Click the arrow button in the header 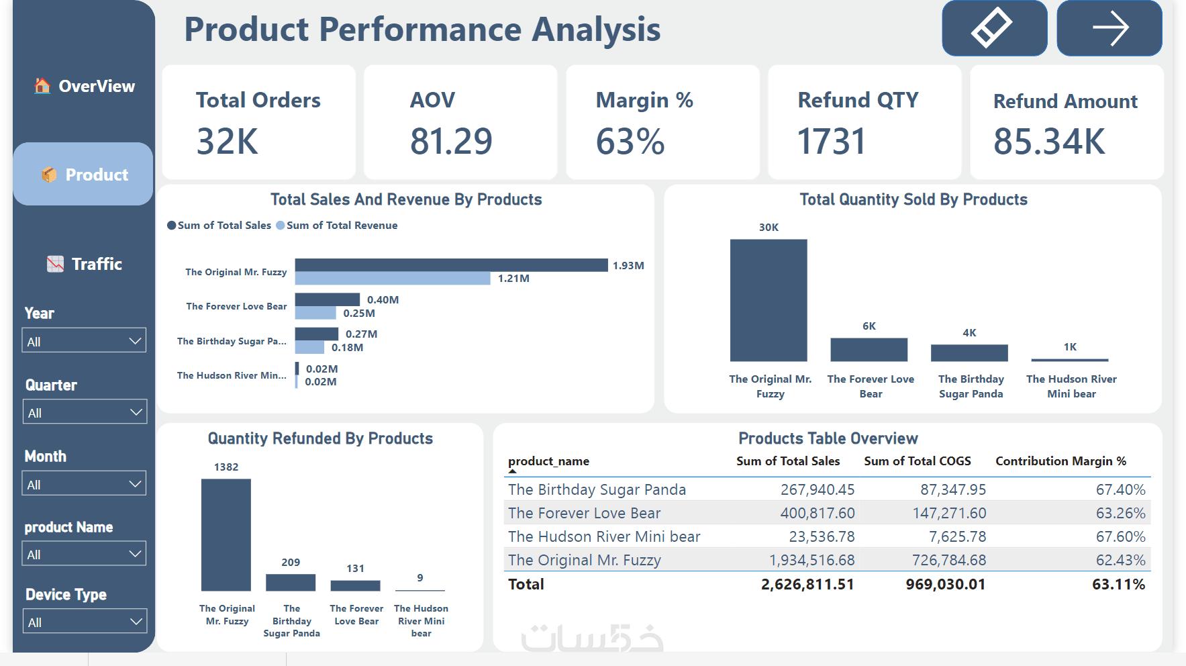point(1109,28)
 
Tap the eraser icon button point(993,28)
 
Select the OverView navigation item point(85,86)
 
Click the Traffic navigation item point(85,264)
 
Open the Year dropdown point(84,340)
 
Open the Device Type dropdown point(84,622)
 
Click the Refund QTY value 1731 point(832,141)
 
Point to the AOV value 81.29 point(451,141)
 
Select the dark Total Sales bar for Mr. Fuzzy point(451,265)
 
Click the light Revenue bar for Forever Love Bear point(315,313)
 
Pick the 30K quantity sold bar point(769,300)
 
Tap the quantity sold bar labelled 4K point(969,352)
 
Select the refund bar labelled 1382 point(226,534)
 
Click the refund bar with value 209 point(291,582)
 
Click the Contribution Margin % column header point(1060,461)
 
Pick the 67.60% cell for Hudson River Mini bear point(1120,536)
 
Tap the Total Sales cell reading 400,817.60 point(817,513)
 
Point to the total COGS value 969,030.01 point(945,584)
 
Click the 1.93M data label point(628,266)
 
